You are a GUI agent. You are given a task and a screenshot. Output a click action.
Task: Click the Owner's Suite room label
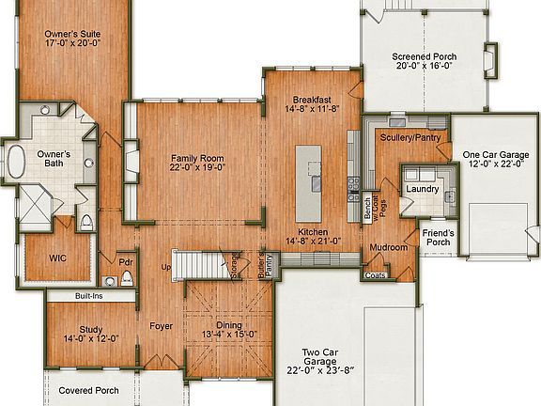(71, 34)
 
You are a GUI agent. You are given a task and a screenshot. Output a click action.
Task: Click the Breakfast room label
(311, 100)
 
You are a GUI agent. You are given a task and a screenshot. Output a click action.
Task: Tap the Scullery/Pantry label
(410, 138)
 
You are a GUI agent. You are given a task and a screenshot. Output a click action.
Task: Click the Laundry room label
(423, 189)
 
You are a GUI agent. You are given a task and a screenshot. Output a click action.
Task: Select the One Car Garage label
(495, 155)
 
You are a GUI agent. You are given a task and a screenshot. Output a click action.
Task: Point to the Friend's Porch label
(438, 237)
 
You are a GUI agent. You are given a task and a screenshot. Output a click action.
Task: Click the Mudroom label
(388, 248)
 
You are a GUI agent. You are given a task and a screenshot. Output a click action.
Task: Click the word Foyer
(161, 326)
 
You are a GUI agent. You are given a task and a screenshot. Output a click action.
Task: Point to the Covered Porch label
(88, 390)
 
